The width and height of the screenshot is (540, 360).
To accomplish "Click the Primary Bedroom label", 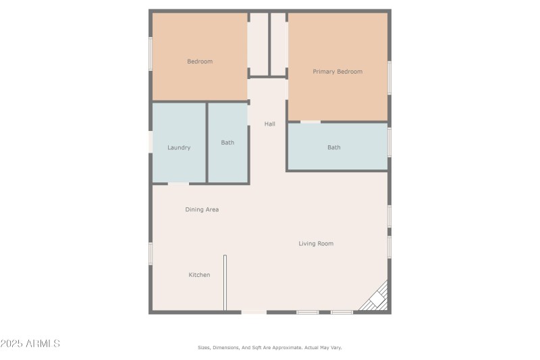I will tap(337, 72).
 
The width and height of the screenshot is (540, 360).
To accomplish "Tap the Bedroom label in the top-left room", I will tap(200, 61).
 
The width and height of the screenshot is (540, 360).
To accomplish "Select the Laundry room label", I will tap(179, 147).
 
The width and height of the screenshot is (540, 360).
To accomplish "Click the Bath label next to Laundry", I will tap(227, 143).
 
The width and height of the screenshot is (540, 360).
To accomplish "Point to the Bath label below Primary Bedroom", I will tap(334, 147).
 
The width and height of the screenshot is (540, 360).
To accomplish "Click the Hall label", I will tap(270, 124).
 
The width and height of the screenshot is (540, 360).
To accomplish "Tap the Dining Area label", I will tap(202, 209).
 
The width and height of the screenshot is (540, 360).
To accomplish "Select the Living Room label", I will tap(316, 243).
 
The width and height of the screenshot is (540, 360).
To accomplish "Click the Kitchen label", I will tap(199, 275).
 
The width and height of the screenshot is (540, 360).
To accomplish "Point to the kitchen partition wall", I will tap(225, 282).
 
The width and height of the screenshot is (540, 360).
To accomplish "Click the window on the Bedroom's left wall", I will tap(151, 53).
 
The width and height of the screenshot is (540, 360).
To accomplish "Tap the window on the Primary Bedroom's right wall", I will tap(389, 77).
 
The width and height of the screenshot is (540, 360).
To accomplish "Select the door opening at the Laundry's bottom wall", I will tap(178, 183).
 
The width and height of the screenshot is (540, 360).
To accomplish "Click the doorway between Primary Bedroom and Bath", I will tap(310, 122).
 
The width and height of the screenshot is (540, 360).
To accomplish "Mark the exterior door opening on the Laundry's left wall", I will tap(151, 141).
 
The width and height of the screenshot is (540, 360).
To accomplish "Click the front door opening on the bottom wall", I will tap(254, 311).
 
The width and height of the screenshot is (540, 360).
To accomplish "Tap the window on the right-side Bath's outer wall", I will tap(389, 142).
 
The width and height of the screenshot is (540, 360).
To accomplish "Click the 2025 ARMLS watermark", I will tap(30, 344).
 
